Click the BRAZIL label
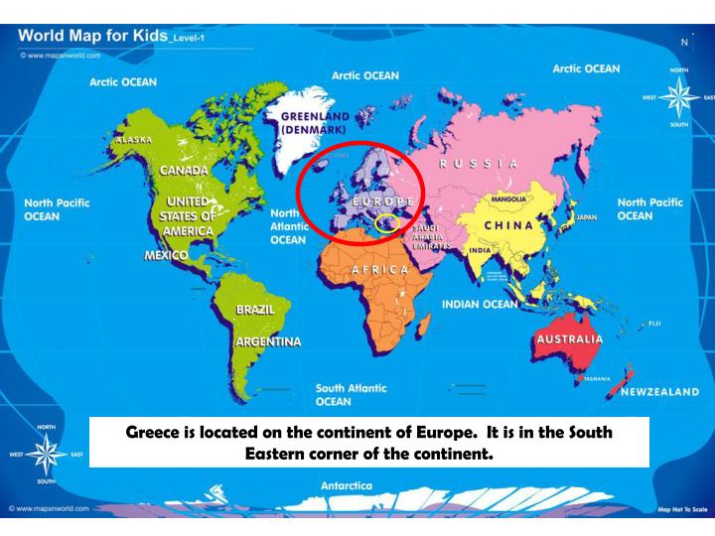coord(253,310)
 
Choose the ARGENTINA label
coord(267,342)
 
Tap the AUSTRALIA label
coord(568,339)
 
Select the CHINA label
coord(509,225)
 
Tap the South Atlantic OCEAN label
coord(351,395)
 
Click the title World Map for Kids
coord(87,37)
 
